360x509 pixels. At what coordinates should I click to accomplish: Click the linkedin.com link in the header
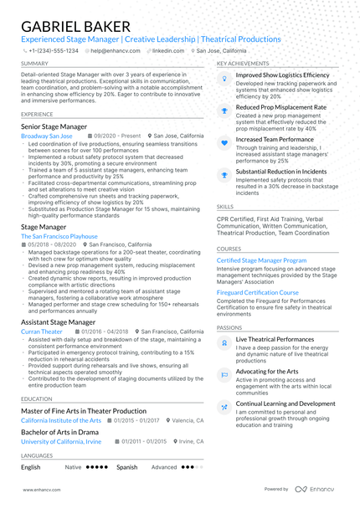coord(168,50)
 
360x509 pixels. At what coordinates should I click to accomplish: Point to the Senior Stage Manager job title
coord(54,126)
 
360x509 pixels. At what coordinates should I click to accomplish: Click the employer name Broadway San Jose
coord(47,136)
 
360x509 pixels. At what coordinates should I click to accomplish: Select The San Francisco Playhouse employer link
coord(59,236)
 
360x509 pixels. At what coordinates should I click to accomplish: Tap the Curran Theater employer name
coord(42,332)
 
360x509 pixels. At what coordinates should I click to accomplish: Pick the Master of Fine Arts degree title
coord(84,411)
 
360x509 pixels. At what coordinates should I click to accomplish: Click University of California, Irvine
coord(61,441)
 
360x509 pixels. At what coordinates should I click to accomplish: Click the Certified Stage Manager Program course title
coord(261,260)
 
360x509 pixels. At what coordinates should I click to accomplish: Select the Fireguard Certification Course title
coord(257,293)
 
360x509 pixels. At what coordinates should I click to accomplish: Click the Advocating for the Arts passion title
coord(267,371)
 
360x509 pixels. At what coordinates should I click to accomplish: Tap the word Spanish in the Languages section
coord(126,467)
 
